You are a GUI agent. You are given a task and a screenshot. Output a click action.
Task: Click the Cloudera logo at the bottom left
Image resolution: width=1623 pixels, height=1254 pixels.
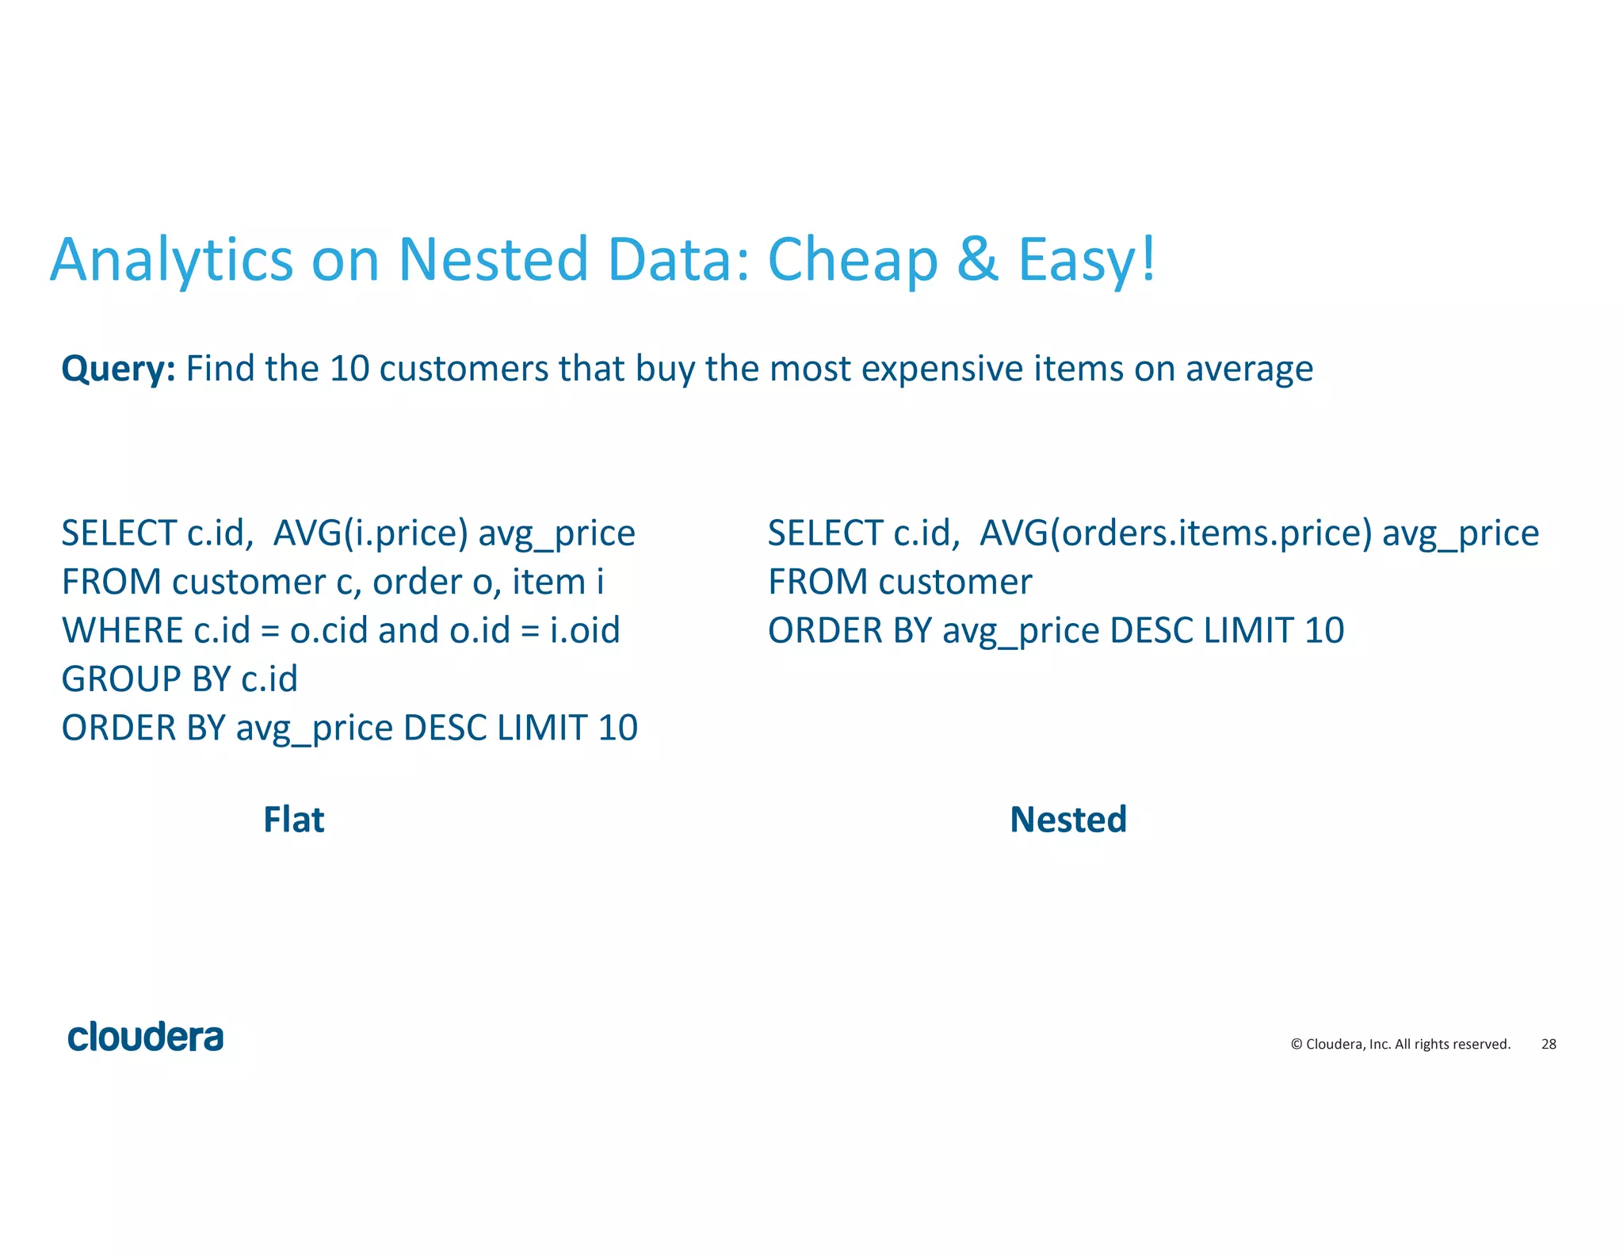[x=145, y=1038]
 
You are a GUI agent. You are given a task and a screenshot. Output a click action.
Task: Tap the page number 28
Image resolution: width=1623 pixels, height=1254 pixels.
[x=1548, y=1044]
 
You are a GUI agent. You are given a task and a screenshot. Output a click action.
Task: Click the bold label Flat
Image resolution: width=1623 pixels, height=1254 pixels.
[x=293, y=820]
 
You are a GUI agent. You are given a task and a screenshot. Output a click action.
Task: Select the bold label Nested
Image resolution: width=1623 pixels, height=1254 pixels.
[x=1067, y=820]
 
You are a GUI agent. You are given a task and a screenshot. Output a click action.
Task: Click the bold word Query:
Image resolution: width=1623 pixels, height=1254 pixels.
[x=118, y=369]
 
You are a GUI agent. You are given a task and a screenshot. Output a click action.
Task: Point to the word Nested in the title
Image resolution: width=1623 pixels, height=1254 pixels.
[x=492, y=259]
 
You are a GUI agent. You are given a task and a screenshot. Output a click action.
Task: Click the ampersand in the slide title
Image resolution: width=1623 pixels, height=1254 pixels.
[x=976, y=259]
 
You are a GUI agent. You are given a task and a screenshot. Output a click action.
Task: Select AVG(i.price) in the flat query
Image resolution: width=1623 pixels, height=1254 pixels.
[x=370, y=533]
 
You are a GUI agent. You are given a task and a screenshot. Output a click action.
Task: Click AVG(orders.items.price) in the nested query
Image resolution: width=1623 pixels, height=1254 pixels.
[x=1175, y=533]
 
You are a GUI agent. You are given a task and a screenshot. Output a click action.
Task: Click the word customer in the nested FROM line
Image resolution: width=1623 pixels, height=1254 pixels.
[x=955, y=583]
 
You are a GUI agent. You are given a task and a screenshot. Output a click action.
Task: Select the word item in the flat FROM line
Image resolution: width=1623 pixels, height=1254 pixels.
[x=548, y=583]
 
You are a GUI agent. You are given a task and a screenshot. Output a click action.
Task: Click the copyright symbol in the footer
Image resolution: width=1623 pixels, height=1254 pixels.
[x=1296, y=1044]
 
